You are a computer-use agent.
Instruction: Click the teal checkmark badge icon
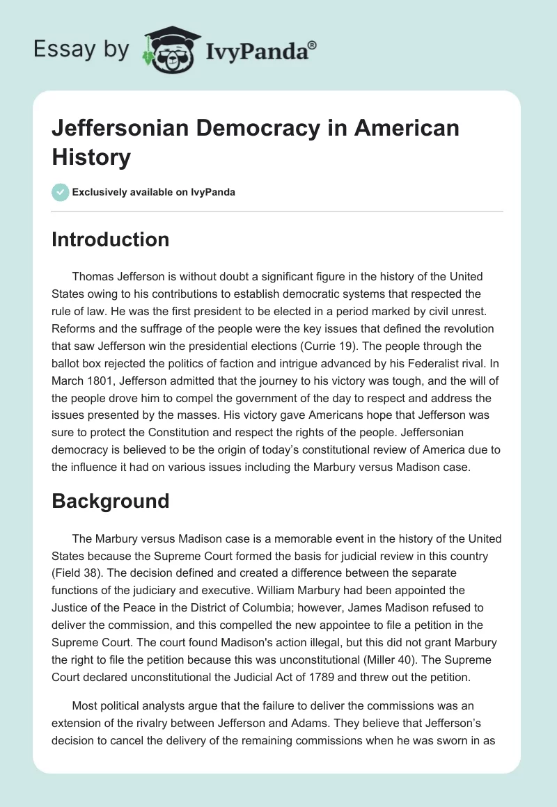coord(61,191)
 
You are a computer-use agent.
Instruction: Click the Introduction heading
coord(111,239)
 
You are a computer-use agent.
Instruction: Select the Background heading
coord(111,501)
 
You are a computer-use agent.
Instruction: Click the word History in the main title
coord(91,157)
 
